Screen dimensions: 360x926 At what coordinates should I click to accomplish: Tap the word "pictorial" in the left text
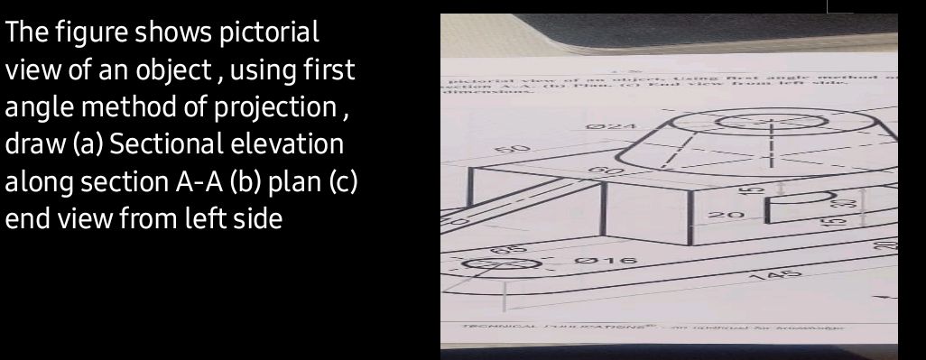pyautogui.click(x=271, y=33)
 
